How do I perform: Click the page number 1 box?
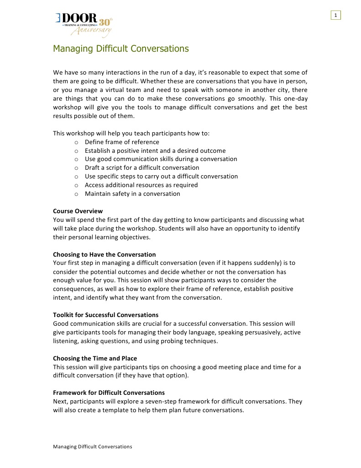click(x=336, y=16)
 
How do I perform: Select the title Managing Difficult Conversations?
click(x=120, y=48)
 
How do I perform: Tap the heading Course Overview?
click(x=78, y=211)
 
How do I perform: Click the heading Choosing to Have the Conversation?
click(x=104, y=254)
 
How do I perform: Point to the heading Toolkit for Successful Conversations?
click(x=105, y=315)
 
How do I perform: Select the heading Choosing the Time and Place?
click(x=95, y=358)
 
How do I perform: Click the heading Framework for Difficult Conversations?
click(x=109, y=393)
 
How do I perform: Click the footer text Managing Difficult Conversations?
click(x=92, y=446)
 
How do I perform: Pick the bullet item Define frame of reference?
click(x=122, y=142)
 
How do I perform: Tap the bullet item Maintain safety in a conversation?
click(x=132, y=194)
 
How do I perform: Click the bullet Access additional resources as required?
click(x=141, y=185)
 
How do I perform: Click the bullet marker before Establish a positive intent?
click(x=76, y=151)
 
